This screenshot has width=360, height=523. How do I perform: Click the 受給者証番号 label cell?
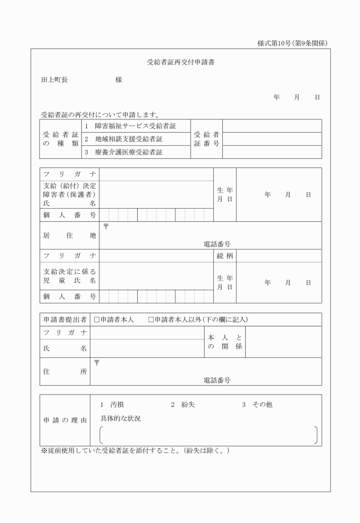(206, 139)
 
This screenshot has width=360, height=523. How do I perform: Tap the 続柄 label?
(225, 255)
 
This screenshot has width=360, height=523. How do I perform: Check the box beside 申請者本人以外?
(151, 320)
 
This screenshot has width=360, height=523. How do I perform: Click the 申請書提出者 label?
(65, 320)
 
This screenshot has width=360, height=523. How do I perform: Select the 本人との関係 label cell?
(225, 342)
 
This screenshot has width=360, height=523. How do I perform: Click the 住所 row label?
(65, 371)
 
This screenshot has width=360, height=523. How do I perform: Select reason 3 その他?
(257, 405)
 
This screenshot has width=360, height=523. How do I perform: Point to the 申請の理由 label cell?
(65, 421)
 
